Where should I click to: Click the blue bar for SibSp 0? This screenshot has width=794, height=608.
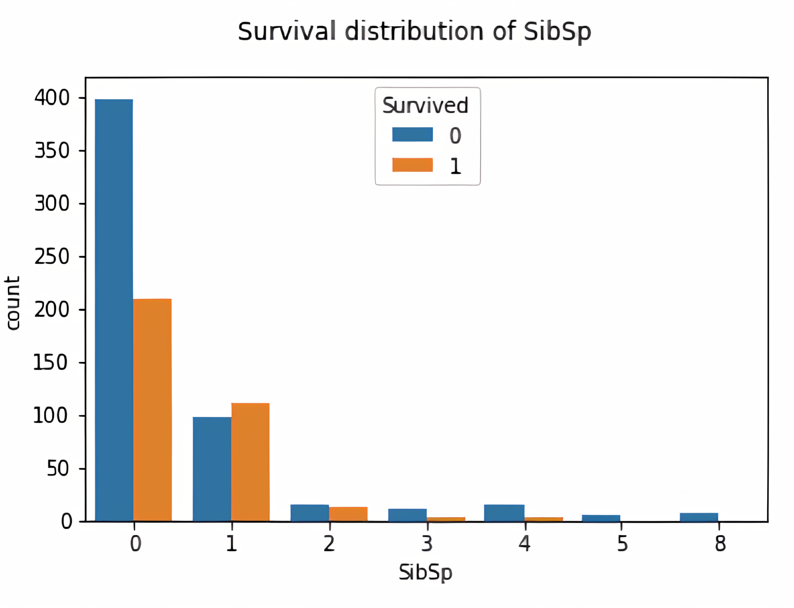pos(114,310)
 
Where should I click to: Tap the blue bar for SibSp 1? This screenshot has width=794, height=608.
pos(212,469)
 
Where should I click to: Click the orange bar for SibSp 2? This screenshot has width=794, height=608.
pos(348,514)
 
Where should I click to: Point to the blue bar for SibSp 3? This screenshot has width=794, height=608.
pos(407,515)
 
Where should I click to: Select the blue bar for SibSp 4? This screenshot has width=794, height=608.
pos(504,513)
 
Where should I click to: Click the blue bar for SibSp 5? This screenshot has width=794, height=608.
pos(601,518)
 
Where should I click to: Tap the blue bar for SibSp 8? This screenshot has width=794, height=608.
pos(699,517)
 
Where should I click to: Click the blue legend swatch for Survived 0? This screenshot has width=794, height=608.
pos(413,134)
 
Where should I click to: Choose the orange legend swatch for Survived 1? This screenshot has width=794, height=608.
pos(413,165)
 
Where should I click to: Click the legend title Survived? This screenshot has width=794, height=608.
pos(425,105)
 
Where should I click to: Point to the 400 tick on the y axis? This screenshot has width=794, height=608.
pos(52,98)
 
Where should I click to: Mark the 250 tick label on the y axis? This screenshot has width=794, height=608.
pos(52,257)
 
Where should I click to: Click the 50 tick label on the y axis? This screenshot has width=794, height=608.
pos(58,468)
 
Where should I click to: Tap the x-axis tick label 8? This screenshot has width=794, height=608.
pos(720,544)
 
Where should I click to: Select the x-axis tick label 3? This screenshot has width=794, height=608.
pos(427,544)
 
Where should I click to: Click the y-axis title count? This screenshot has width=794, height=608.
pos(12,303)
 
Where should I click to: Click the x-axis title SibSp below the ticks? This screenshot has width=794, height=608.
pos(425,572)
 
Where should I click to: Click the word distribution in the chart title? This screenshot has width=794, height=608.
pos(414,31)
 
